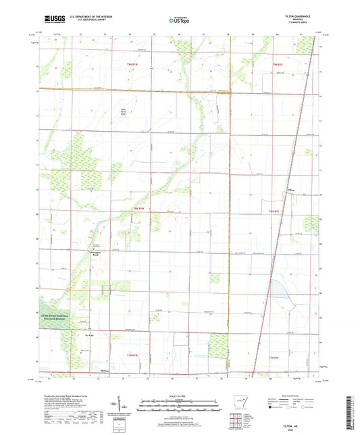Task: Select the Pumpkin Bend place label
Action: [x=97, y=255]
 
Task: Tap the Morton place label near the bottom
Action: [x=104, y=371]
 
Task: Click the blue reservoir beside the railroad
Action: [x=278, y=289]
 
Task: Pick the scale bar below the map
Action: [x=180, y=404]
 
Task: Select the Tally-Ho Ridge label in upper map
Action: [x=122, y=112]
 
